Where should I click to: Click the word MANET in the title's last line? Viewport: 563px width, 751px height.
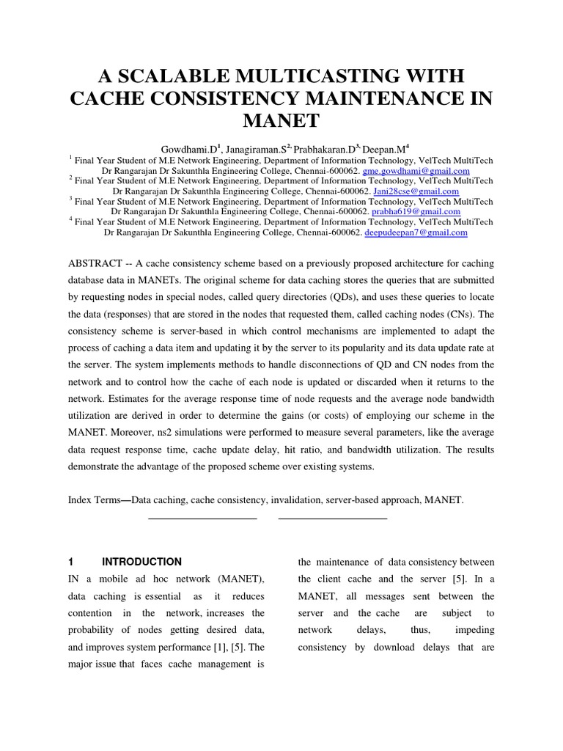click(281, 120)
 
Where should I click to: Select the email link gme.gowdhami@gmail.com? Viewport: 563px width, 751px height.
click(417, 171)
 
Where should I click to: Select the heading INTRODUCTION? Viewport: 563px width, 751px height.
click(141, 562)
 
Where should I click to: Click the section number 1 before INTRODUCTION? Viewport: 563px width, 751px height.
click(71, 562)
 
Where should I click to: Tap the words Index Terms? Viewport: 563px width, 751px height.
click(93, 500)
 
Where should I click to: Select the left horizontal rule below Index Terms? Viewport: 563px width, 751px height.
click(202, 519)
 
